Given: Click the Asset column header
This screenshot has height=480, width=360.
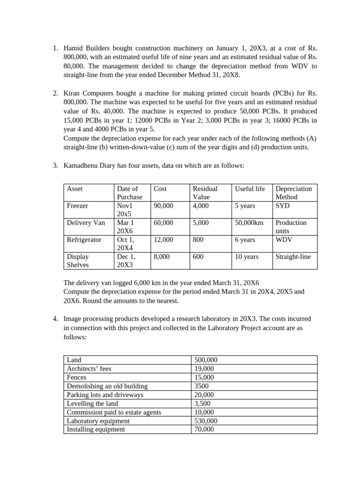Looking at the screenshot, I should pos(75,188).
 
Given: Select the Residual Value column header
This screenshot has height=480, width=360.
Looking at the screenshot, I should pos(205,193).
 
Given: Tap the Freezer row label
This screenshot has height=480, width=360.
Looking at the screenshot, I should pos(77,206).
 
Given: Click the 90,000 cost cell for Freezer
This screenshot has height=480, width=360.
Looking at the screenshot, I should pos(163,206).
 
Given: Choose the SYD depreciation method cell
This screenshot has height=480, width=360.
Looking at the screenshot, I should pos(283,206).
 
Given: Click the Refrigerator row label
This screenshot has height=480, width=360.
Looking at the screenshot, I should pos(84,240).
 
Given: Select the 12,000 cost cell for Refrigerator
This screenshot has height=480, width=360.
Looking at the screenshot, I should pos(163,240).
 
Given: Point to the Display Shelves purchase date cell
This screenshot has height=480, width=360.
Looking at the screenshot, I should pos(126,261).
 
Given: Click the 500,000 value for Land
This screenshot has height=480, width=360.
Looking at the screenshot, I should pos(206,360).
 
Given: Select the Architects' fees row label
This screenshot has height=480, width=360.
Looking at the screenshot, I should pos(89,368).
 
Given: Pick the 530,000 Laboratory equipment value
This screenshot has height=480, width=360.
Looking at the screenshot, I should pos(206,421).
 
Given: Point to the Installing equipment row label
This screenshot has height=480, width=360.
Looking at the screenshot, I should pos(96,429).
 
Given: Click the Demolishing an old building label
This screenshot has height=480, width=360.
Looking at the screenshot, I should pos(107,386).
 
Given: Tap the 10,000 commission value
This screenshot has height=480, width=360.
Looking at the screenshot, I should pos(204,412).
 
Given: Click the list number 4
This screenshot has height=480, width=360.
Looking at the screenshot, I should pos(55,319).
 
